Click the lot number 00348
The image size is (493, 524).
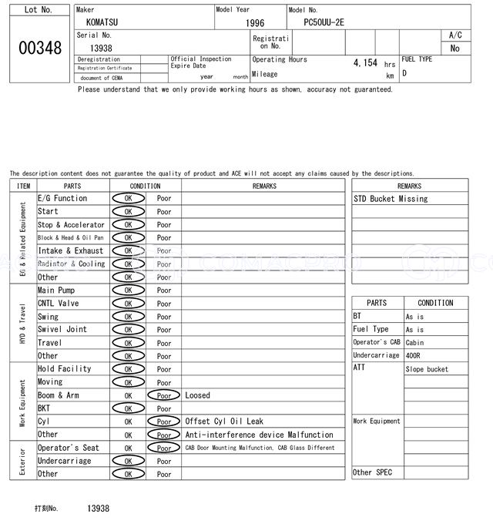tap(39, 48)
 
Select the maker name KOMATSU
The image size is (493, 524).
tap(102, 23)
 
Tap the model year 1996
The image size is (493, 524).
tap(255, 23)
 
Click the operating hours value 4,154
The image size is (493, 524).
tap(366, 63)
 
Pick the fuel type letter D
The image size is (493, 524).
tap(404, 74)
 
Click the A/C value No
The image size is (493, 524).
tap(454, 48)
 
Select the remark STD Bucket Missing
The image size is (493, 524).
tap(391, 199)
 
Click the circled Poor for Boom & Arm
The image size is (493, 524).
tap(163, 395)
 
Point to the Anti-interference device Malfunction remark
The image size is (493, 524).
tap(260, 435)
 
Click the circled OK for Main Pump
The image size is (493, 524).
tap(128, 291)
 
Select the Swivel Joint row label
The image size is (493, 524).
tap(62, 330)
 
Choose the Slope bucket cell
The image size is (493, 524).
tap(426, 369)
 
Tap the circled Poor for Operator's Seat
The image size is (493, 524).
tap(163, 448)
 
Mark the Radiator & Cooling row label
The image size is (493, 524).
tap(71, 264)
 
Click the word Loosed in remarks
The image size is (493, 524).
tap(197, 395)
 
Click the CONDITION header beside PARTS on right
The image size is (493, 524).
tap(435, 304)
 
